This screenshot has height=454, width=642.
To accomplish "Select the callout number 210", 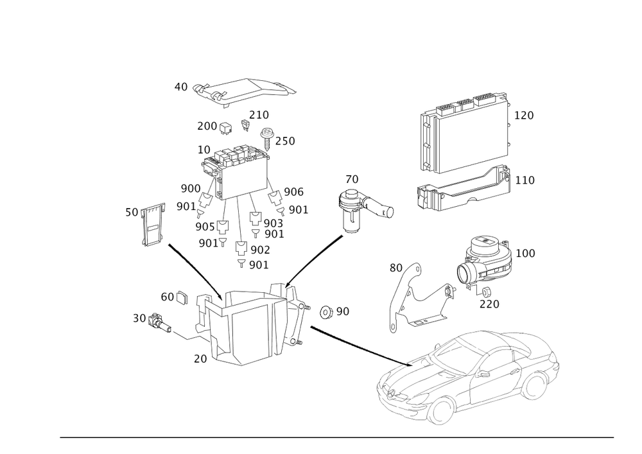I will pos(259,115).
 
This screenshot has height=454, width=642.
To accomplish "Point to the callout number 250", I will pos(286,141).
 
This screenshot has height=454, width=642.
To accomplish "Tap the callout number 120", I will pos(524,116).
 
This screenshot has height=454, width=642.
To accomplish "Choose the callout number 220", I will pos(489,303).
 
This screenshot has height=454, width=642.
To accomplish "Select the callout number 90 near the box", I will pos(342,311).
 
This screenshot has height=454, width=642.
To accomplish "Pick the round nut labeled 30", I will pos(155,319).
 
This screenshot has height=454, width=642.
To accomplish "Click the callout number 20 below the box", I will pos(200,360).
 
